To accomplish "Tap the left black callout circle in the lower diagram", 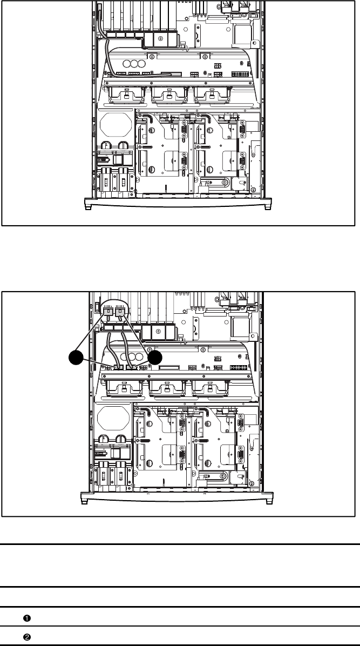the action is click(x=76, y=357).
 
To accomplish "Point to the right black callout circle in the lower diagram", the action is click(x=155, y=358).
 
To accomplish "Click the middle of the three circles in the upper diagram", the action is click(x=133, y=64).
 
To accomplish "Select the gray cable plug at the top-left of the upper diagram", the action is click(x=100, y=8).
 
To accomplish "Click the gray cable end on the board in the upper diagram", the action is click(x=171, y=75).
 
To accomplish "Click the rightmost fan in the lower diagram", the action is click(x=208, y=387).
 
